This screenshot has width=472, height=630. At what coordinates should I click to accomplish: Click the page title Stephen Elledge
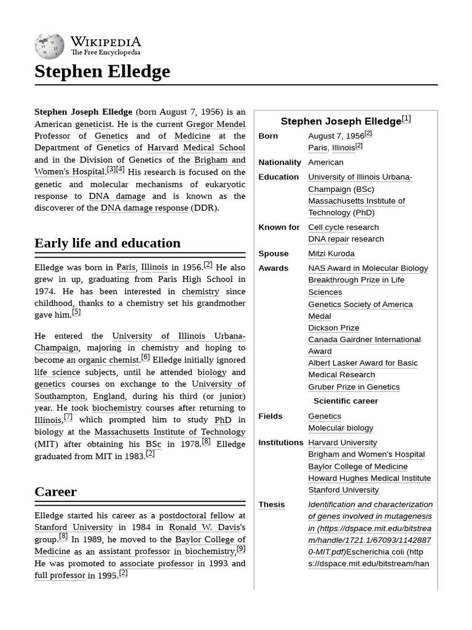(x=102, y=72)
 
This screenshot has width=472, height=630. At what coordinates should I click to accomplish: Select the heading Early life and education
(x=108, y=243)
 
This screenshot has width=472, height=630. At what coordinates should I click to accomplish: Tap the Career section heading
(x=56, y=492)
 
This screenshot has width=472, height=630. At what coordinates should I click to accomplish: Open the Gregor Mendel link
(x=216, y=124)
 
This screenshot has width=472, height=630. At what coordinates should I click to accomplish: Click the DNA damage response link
(x=144, y=208)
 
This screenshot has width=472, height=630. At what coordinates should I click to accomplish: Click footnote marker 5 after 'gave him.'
(x=76, y=312)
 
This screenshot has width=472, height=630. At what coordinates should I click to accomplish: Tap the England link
(x=109, y=396)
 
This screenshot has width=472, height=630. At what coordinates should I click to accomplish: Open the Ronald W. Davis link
(x=206, y=527)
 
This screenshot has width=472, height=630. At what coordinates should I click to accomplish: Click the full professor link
(x=60, y=575)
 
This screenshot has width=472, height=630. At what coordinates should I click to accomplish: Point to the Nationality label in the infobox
(x=280, y=162)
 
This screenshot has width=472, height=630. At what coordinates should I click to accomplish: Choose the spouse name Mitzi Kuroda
(x=331, y=253)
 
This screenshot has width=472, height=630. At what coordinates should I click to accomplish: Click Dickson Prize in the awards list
(x=334, y=328)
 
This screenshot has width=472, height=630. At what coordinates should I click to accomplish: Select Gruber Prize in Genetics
(x=354, y=387)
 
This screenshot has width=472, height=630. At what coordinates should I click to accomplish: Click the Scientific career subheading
(x=346, y=401)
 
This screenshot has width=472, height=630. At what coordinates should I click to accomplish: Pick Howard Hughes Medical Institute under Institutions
(x=369, y=478)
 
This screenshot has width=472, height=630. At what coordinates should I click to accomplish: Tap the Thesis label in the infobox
(x=272, y=504)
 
